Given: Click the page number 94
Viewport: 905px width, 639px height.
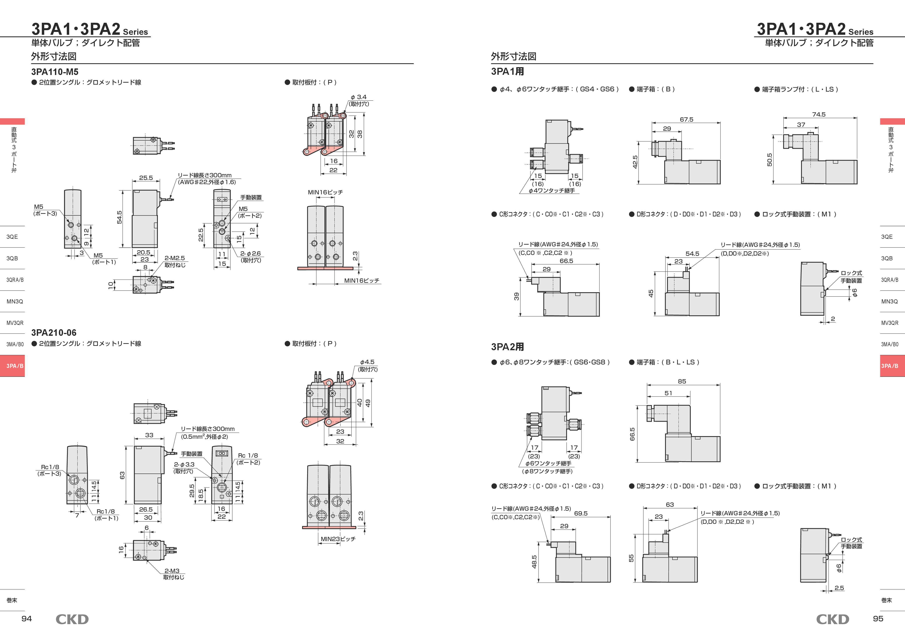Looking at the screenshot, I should coord(26,618).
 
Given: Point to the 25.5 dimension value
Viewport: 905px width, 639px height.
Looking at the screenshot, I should coord(146,178).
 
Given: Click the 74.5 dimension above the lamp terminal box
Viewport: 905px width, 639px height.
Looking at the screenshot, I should coord(819,115).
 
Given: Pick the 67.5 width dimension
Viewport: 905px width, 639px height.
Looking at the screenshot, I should coord(686,120).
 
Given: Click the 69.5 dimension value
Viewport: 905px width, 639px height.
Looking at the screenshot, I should coord(581,513).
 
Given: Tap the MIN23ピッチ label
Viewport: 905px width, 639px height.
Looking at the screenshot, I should coord(338,539).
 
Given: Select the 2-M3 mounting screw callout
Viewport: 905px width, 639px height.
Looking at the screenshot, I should coord(172,571).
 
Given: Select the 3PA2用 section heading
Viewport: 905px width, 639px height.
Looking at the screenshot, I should coord(507,347).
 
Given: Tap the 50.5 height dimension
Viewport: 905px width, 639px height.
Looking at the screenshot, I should coord(770,159).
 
